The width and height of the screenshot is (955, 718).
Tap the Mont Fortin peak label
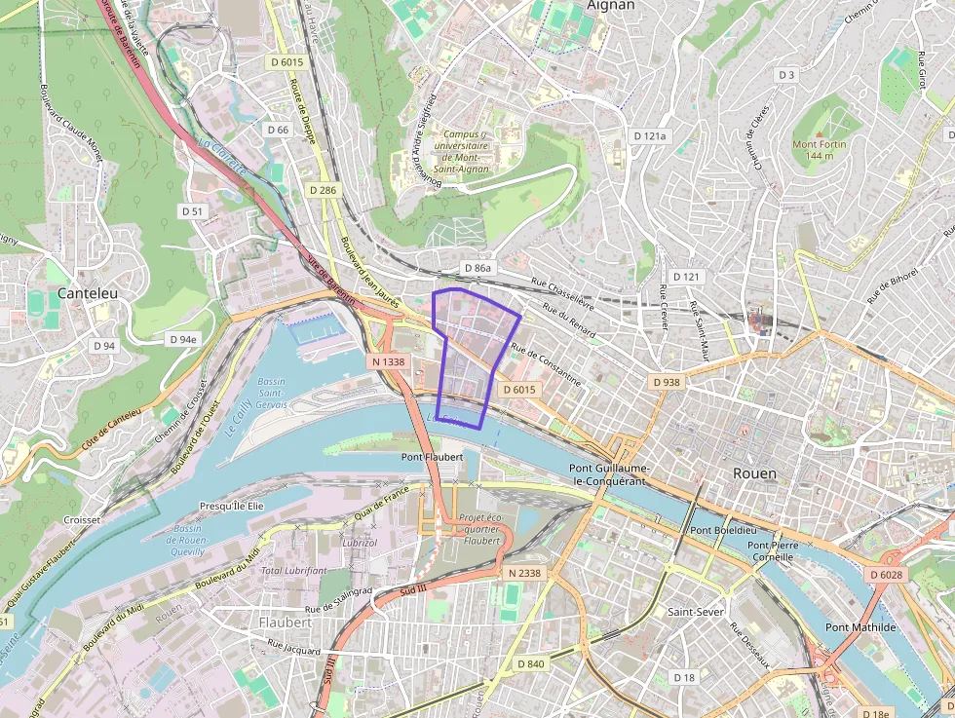pyautogui.click(x=819, y=150)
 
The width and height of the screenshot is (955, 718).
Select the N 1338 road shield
pyautogui.click(x=388, y=361)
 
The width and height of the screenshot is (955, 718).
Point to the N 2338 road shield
pyautogui.click(x=523, y=573)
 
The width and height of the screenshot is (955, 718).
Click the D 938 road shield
pyautogui.click(x=666, y=382)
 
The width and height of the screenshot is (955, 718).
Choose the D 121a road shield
pyautogui.click(x=649, y=135)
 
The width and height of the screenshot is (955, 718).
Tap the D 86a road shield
pyautogui.click(x=478, y=267)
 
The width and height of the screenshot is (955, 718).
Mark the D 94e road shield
pyautogui.click(x=182, y=339)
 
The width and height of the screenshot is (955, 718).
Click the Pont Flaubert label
pyautogui.click(x=432, y=456)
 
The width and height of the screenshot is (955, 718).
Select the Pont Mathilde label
pyautogui.click(x=860, y=627)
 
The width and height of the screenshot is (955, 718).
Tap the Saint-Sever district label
pyautogui.click(x=695, y=612)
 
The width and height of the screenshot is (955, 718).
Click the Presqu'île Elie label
pyautogui.click(x=232, y=507)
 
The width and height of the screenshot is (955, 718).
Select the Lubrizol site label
pyautogui.click(x=359, y=542)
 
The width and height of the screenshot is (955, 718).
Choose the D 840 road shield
pyautogui.click(x=531, y=663)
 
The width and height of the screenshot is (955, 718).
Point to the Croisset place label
pyautogui.click(x=82, y=520)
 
